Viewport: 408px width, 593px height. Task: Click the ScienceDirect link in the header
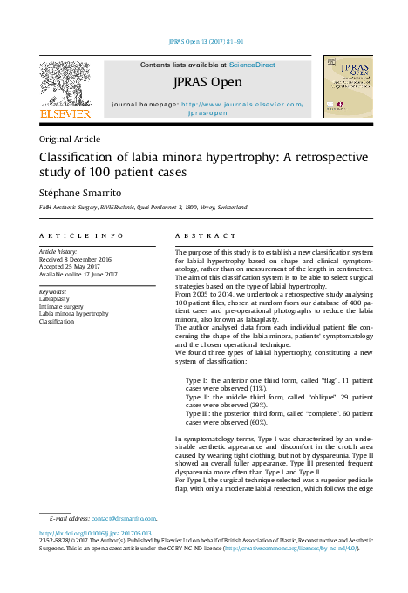(x=253, y=65)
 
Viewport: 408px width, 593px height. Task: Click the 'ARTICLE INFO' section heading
(x=82, y=235)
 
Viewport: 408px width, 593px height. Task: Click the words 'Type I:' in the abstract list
(x=197, y=382)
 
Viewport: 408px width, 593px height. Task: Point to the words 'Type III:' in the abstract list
(x=200, y=413)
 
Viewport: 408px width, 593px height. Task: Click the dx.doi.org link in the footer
(x=96, y=533)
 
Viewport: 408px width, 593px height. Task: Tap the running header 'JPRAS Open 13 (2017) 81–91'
(x=207, y=41)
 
